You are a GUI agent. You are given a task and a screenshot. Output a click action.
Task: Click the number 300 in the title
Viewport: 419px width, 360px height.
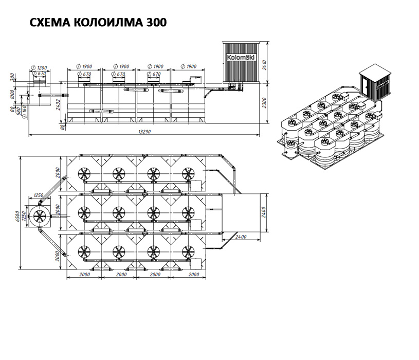coord(156,23)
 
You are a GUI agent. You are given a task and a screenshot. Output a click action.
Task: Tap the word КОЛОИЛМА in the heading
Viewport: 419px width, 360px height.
coord(108,23)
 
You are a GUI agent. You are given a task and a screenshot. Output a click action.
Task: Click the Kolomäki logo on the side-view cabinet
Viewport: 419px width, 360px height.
coord(241,58)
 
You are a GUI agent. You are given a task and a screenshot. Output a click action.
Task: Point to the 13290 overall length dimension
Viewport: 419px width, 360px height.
coord(144,132)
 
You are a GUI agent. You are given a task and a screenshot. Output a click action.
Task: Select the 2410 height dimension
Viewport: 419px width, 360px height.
coord(264,65)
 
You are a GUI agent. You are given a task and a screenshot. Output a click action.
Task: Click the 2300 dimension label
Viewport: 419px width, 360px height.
coord(264,103)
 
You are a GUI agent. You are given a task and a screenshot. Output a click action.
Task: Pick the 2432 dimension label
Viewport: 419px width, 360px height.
coord(58,105)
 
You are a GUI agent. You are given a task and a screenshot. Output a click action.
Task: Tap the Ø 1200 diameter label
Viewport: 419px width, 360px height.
coord(39,67)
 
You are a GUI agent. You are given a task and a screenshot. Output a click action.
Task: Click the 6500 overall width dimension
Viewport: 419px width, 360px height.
coord(17,216)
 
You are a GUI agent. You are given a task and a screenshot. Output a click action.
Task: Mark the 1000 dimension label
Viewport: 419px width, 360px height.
coord(12,94)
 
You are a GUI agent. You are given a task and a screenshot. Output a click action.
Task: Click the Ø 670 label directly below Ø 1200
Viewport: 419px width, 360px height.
coord(39,74)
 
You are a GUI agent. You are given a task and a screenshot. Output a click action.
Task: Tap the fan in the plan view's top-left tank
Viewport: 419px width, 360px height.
coord(84,174)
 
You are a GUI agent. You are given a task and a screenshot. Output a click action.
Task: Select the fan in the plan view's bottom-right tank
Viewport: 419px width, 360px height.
coord(188,251)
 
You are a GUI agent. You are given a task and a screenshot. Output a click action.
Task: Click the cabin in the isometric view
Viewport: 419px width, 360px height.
coord(376,82)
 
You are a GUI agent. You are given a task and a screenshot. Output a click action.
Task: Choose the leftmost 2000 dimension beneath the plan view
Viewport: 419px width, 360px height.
coord(84,274)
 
